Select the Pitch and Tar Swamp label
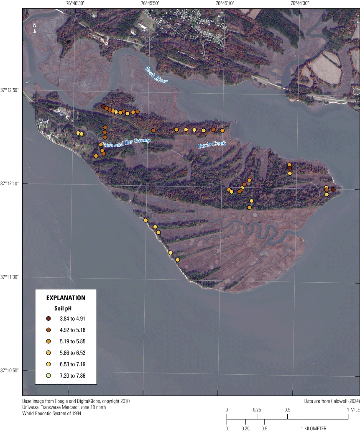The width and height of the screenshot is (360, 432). point(124,143)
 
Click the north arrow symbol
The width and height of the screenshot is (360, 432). point(35,28)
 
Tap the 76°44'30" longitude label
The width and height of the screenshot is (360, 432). point(299,3)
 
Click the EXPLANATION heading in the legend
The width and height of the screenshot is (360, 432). point(66,298)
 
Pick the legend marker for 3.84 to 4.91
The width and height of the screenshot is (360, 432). point(49,319)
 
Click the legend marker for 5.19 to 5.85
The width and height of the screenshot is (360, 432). point(49,341)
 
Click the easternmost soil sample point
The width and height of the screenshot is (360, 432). point(333,189)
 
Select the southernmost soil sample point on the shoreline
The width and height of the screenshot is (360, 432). point(177,260)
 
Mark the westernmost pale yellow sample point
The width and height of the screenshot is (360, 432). point(78,133)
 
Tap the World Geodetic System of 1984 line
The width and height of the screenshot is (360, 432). point(52,414)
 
